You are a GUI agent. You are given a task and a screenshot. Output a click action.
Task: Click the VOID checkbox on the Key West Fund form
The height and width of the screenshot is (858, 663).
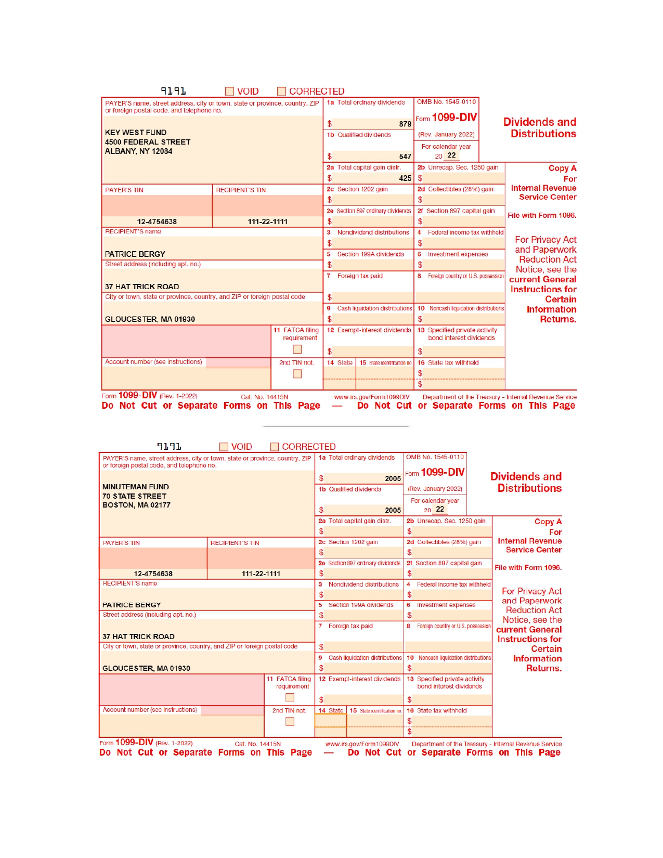coord(229,92)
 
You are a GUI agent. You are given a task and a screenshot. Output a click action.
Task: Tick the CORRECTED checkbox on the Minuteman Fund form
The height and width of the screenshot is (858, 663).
coord(275,447)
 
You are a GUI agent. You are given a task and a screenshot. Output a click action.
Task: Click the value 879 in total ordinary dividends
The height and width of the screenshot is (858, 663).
coord(405,124)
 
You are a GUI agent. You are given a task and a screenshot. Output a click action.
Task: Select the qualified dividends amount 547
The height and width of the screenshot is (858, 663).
coord(405,157)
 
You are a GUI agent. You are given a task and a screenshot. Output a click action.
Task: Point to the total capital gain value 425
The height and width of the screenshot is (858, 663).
coord(405,178)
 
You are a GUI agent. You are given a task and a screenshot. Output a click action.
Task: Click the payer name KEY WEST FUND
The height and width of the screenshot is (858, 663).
coord(136,133)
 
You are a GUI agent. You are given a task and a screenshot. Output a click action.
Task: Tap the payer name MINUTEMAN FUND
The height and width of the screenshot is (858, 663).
coord(136,487)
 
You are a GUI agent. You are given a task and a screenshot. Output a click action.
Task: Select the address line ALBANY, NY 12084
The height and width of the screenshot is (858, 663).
coord(138,151)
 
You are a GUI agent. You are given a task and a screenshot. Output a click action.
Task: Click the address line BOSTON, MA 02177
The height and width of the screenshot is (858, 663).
coord(136,505)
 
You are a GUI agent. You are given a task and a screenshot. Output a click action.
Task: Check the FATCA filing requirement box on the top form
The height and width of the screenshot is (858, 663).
coord(297,349)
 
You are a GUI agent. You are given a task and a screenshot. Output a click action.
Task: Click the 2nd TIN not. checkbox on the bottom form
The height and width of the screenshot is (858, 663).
coord(290,722)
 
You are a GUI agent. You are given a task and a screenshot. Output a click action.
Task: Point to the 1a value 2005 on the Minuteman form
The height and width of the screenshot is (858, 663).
coord(393,478)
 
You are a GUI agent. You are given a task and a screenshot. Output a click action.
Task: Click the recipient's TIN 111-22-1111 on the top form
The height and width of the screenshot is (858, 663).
coord(267,222)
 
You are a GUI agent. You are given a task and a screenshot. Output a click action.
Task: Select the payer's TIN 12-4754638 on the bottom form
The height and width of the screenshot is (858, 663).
coord(153,574)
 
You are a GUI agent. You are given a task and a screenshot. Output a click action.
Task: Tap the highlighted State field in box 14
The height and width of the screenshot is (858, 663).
coord(331,721)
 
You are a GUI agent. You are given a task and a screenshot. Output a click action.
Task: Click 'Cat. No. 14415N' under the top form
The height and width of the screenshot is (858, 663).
coord(264,397)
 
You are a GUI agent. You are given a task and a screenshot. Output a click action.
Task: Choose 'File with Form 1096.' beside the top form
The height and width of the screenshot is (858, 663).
coord(542,215)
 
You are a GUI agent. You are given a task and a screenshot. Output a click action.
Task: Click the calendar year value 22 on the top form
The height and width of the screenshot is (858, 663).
coord(451,155)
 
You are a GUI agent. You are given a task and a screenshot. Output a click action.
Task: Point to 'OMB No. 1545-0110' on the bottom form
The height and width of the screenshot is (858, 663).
coord(435,457)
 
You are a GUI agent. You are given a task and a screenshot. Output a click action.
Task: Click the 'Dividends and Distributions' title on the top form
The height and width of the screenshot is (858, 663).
coord(540,128)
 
